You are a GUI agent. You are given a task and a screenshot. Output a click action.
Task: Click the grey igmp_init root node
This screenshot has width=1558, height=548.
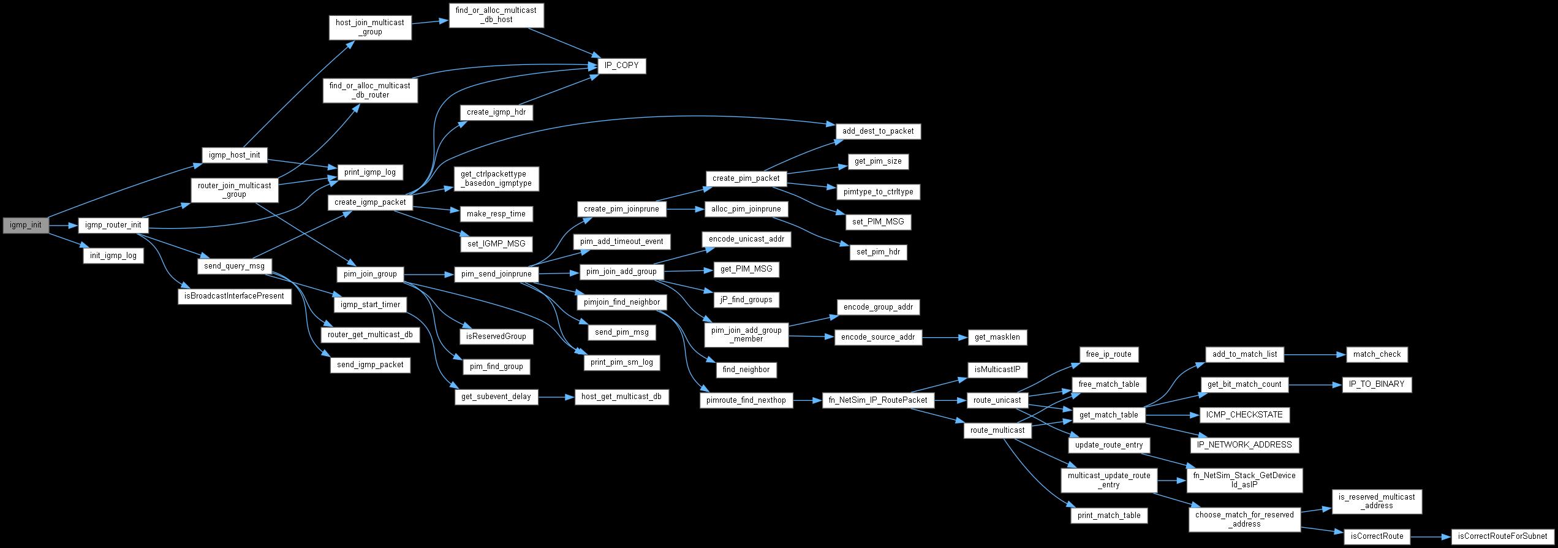tap(25, 225)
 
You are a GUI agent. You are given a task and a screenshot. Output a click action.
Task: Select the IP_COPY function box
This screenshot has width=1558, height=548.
tap(621, 66)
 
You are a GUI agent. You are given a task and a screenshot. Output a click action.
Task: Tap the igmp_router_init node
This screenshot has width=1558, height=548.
tap(113, 225)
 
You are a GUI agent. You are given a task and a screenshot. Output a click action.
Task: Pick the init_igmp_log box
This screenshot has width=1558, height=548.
tap(113, 256)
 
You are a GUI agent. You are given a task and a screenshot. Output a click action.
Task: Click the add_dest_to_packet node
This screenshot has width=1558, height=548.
tap(878, 131)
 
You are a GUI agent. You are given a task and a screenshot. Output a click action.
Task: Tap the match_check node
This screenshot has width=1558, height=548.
tap(1377, 354)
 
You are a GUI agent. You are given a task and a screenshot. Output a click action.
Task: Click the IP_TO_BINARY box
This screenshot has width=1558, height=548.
tap(1377, 384)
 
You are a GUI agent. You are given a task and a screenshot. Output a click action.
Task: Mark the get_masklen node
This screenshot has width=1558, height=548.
tap(997, 337)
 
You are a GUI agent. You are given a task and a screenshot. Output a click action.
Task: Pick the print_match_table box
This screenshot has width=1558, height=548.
tap(1109, 516)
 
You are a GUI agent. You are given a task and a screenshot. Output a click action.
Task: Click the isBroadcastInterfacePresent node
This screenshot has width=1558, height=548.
tap(234, 296)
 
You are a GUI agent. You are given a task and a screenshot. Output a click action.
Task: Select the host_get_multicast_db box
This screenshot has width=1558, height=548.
tap(621, 397)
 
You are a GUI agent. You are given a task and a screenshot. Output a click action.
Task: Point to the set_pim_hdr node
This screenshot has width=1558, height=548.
tap(878, 252)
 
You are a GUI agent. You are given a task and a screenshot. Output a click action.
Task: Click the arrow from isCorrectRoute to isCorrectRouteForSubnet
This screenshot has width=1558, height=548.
tap(1431, 536)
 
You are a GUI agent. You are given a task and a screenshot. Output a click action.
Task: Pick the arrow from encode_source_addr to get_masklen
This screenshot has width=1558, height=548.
tap(945, 337)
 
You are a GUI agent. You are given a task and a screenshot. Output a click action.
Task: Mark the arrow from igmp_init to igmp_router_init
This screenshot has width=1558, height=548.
tap(63, 225)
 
